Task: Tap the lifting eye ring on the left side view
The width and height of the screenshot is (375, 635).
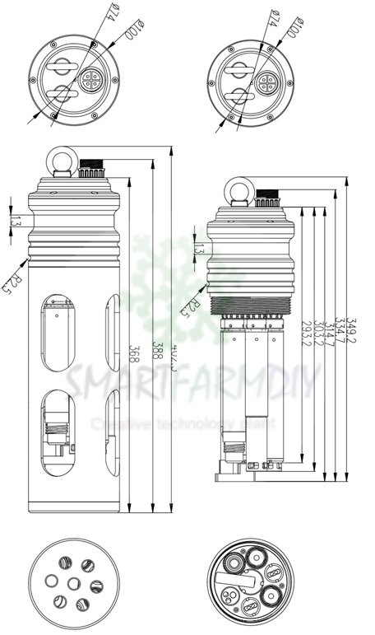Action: [x=62, y=158]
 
